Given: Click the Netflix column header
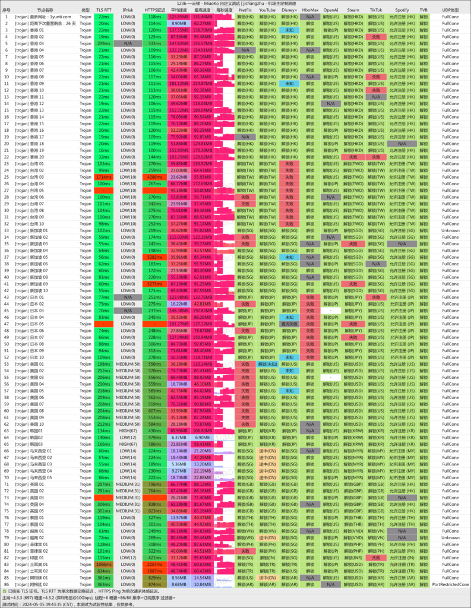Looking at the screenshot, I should point(245,10).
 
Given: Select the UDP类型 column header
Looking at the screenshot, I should point(450,10).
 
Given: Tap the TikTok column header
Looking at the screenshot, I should point(376,10).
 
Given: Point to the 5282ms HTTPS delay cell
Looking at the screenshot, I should point(154,257).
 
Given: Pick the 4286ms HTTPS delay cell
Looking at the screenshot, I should point(154,176).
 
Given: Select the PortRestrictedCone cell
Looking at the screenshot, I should point(450,584).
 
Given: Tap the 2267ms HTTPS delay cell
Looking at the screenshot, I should point(154,563).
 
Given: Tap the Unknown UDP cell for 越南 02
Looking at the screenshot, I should point(450,537).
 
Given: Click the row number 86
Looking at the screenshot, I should point(6,584).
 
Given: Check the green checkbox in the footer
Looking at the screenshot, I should point(4,591).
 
